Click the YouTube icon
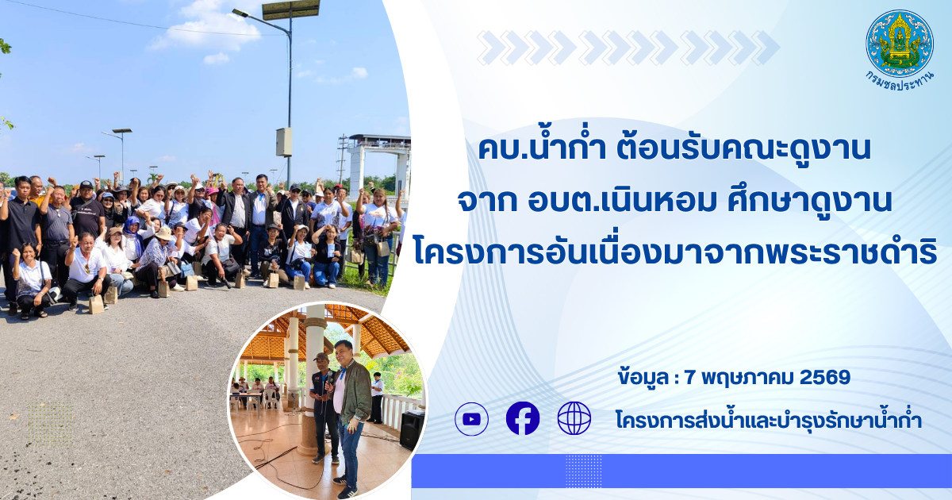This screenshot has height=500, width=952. coord(471,419)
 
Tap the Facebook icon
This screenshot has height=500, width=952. coord(523,418)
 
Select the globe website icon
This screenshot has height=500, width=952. coord(574,418)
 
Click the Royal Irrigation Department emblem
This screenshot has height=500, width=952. coord(900,43)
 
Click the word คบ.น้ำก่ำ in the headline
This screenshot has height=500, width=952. coord(543,148)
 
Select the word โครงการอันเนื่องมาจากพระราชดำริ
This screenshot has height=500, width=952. coord(675,252)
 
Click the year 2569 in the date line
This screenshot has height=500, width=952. coord(825,377)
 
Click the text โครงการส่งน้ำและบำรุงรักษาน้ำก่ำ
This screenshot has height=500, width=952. coord(769,420)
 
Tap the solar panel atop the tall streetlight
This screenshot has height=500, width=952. coord(290,9)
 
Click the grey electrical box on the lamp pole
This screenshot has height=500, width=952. coord(284,142)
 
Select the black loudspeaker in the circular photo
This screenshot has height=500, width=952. coord(412,429)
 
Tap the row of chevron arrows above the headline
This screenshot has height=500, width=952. coord(628,48)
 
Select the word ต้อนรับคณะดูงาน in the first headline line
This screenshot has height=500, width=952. coord(744,148)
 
